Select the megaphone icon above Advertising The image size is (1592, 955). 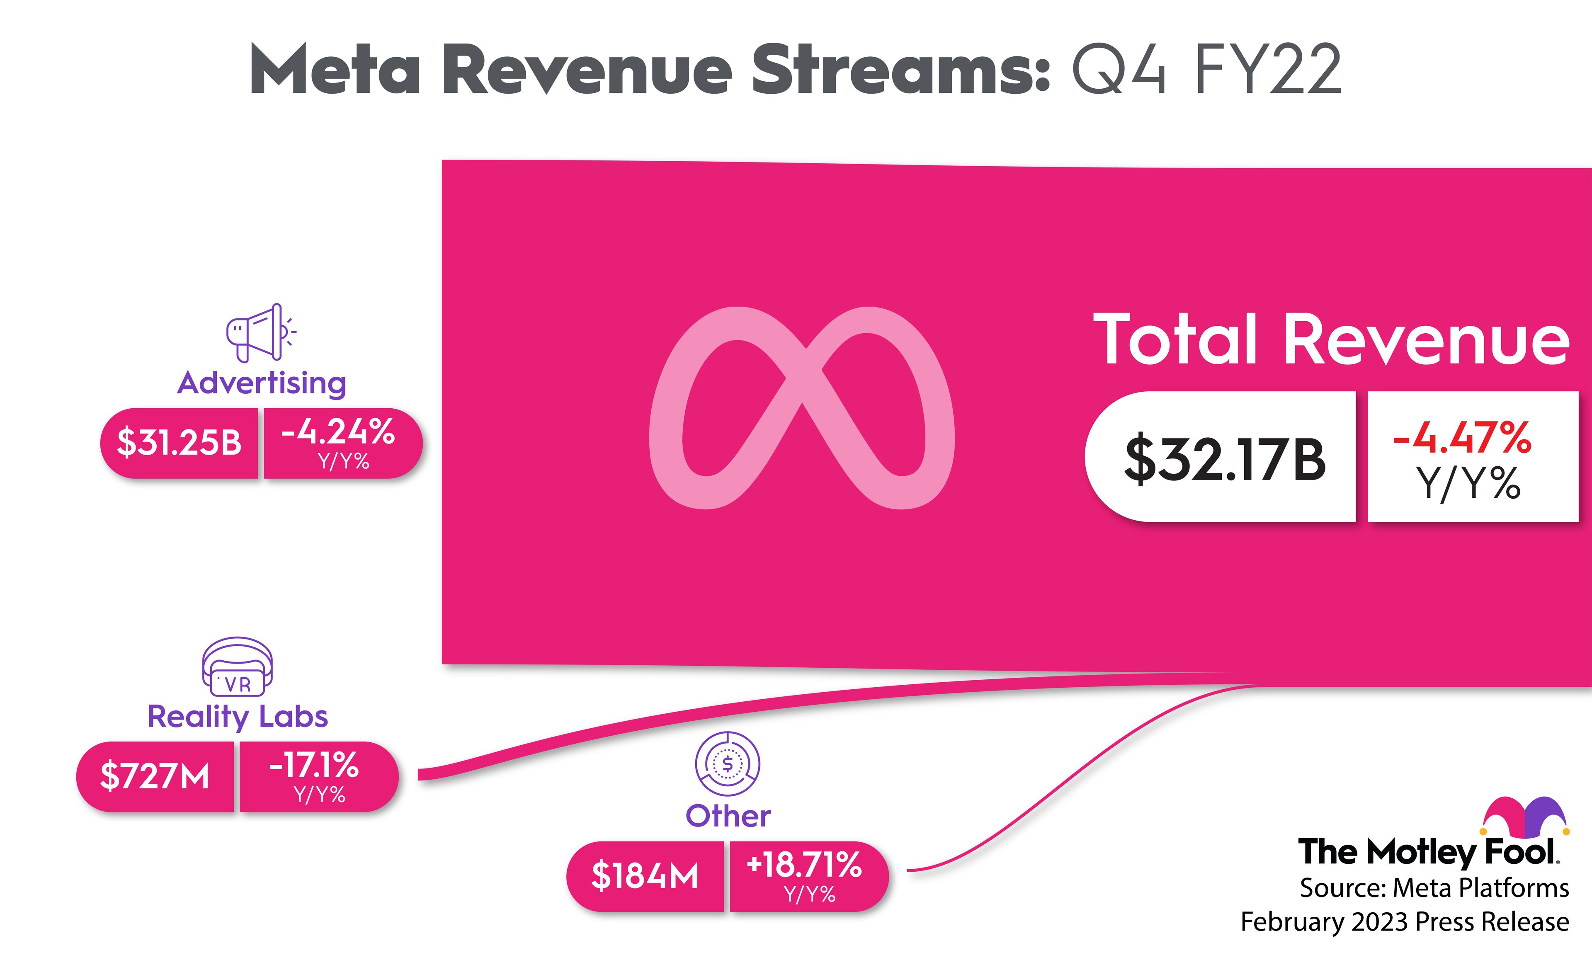(260, 333)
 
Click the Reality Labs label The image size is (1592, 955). (238, 716)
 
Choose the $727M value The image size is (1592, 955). (155, 776)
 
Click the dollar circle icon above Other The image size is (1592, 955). (727, 764)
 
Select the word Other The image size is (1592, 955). (728, 816)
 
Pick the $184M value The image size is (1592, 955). (645, 876)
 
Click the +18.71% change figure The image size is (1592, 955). (804, 865)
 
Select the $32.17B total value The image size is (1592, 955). (1225, 459)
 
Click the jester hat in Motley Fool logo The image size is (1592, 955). (1525, 816)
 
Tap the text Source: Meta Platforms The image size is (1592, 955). (1434, 888)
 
